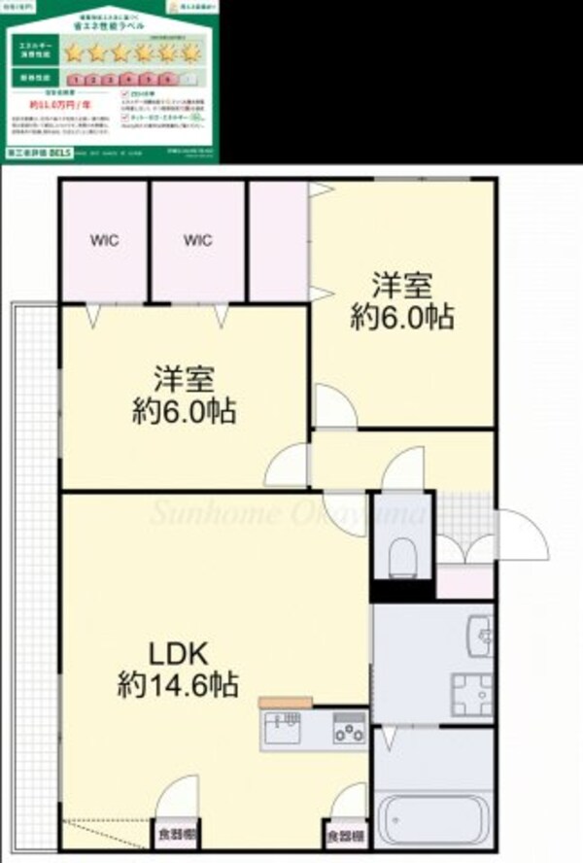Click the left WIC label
coord(105,241)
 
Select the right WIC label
coord(197,241)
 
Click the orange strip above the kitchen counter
coord(285,702)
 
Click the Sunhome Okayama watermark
coord(287,512)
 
